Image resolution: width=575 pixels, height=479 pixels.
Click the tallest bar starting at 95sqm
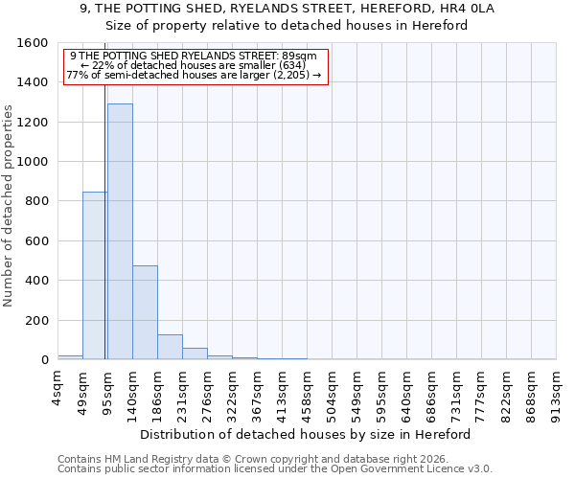[x=120, y=231]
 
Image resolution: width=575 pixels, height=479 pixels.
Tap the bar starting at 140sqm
[x=145, y=312]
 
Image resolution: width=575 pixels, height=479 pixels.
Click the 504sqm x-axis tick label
[x=333, y=392]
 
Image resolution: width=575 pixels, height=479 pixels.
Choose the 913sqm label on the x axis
[x=557, y=392]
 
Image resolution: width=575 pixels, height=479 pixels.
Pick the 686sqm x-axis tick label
[x=432, y=392]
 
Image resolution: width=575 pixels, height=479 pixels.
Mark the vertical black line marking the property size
[x=104, y=220]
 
